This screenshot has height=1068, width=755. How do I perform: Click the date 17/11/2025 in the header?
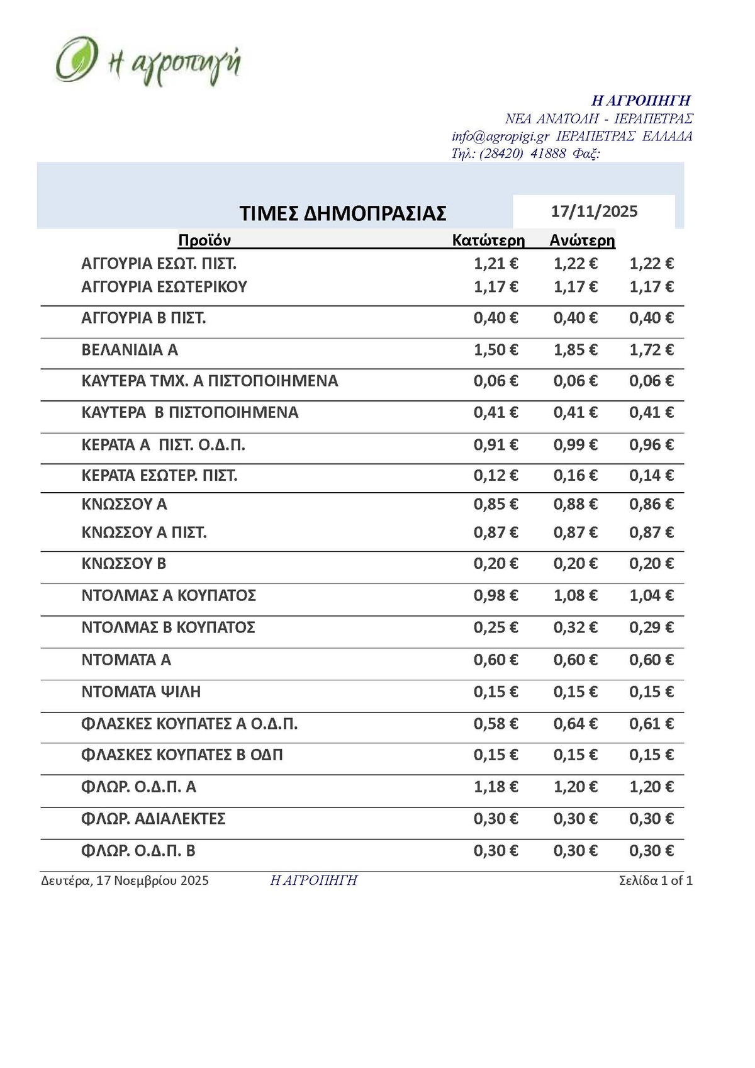(594, 211)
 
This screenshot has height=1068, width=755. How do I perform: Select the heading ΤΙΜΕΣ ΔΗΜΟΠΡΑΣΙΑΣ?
(343, 213)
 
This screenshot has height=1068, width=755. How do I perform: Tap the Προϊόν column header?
(204, 240)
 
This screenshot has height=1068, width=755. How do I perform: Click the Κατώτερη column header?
(488, 240)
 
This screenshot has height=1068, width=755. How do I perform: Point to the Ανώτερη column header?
(582, 240)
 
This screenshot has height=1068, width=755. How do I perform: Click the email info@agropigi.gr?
(500, 137)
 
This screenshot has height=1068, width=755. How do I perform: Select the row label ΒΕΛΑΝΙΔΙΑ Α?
(130, 350)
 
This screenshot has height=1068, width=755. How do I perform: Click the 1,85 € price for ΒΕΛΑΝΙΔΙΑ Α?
(575, 350)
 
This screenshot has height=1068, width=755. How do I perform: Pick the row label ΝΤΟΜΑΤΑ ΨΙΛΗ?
(141, 692)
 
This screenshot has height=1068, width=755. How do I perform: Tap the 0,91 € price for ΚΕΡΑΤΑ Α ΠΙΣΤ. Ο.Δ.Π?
(496, 445)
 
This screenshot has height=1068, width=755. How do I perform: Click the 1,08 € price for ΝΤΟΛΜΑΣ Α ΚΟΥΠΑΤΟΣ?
(575, 595)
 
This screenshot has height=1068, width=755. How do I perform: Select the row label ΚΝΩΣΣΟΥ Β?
(124, 563)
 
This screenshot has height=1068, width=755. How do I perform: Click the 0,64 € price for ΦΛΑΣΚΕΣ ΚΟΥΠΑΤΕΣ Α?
(575, 724)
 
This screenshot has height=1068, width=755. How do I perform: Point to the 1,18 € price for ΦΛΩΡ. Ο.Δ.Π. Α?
(496, 787)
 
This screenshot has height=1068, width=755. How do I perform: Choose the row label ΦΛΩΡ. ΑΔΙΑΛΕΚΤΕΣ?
(154, 819)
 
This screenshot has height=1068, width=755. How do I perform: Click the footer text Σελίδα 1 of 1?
(656, 880)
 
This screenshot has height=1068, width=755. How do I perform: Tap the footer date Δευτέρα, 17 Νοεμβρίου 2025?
(125, 880)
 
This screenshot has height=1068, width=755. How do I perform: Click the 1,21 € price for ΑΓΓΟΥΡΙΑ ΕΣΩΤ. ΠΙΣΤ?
(496, 264)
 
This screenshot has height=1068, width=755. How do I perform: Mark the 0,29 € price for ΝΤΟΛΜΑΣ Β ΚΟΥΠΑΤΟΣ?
(651, 627)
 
